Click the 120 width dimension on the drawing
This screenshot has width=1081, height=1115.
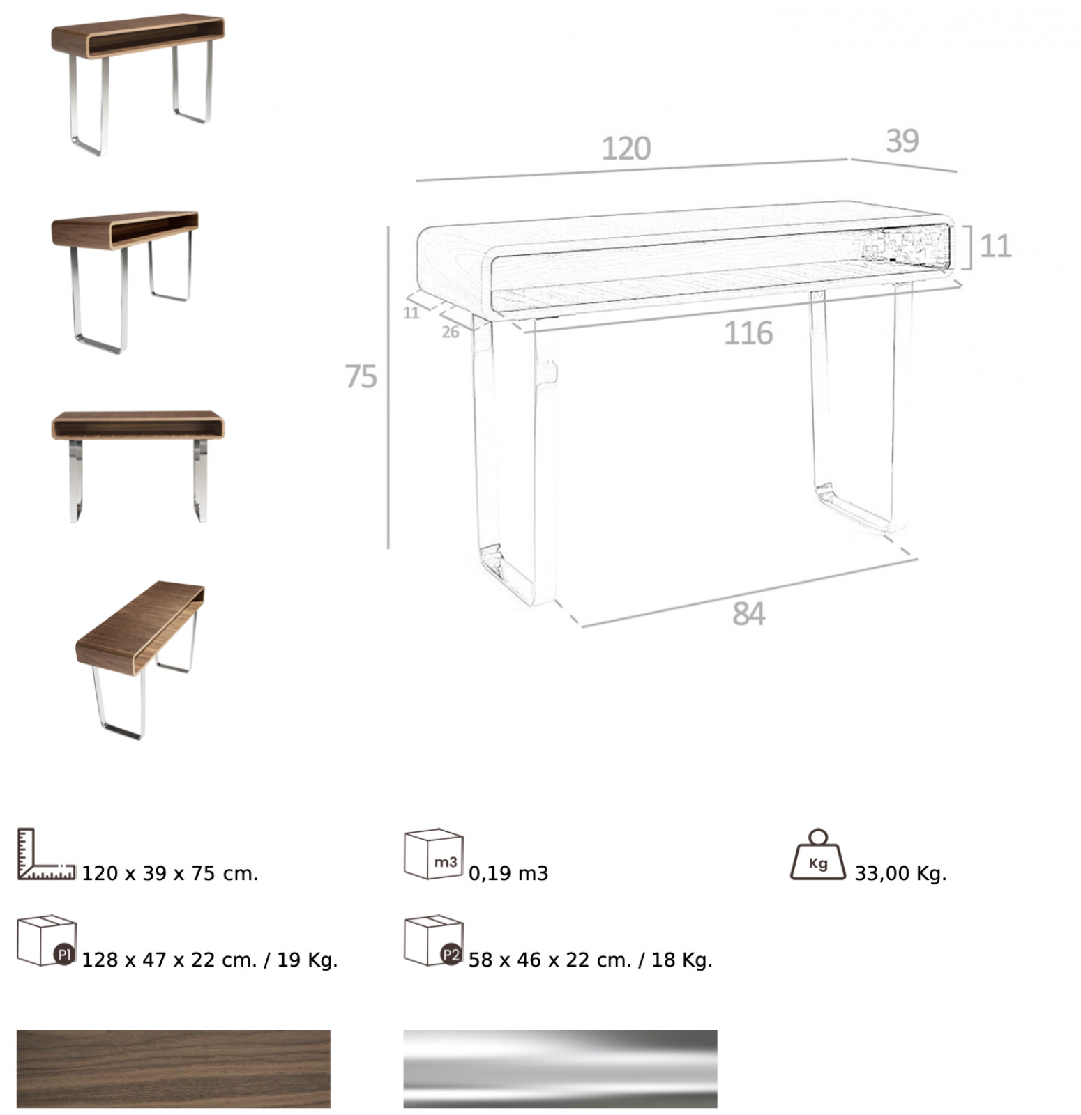[626, 148]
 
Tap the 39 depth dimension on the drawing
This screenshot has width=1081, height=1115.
[902, 141]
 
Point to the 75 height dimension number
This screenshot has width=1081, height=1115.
[361, 377]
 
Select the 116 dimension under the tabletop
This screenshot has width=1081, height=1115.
[748, 334]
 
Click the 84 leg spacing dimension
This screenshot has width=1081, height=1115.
[748, 614]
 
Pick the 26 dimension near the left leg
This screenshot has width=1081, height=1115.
[451, 332]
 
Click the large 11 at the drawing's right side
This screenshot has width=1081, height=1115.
[995, 246]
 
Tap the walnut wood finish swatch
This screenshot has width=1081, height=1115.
[174, 1068]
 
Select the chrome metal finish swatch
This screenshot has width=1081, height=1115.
[560, 1068]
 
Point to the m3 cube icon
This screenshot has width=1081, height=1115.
[434, 854]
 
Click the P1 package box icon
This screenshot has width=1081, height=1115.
[47, 940]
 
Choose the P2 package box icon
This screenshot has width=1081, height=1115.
[434, 940]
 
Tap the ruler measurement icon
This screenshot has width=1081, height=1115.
[46, 854]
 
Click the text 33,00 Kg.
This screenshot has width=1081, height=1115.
[900, 873]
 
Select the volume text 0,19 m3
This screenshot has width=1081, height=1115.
[508, 873]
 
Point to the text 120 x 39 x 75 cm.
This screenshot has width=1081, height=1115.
[170, 873]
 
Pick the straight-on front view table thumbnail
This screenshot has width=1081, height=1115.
[138, 466]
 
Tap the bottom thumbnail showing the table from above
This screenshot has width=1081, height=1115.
[140, 660]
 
